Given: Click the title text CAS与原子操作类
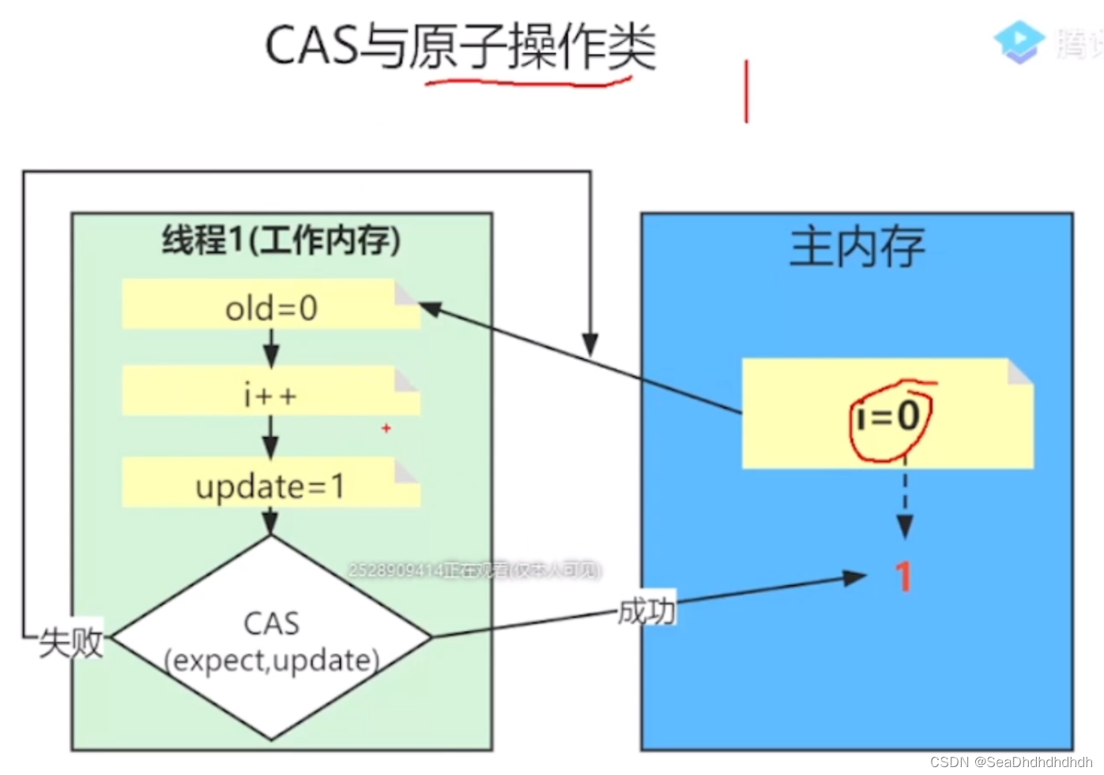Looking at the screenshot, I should coord(460,46).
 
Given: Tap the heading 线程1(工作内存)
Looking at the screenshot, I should coord(281,240).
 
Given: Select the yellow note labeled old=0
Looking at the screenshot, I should coord(271,307).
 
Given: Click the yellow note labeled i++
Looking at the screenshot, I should coord(271,393).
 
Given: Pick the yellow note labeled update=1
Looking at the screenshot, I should coord(270,485).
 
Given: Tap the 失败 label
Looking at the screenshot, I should coord(71,642).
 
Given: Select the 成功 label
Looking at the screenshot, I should coord(646,611).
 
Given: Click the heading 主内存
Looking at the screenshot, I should coord(857,247).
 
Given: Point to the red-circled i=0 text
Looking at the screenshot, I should coord(889,416).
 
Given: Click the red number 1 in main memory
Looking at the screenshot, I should coord(903,576).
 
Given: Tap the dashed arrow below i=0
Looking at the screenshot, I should coord(906,498).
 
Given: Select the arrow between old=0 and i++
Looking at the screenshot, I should coord(271,347).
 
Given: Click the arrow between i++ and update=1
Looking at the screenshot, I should coord(271,437).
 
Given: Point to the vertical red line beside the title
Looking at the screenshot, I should coord(746,91).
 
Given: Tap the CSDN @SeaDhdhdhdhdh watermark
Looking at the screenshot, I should coord(1011,762).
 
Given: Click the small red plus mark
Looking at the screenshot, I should coord(386,428).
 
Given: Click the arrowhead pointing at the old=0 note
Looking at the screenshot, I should coord(431,308).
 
